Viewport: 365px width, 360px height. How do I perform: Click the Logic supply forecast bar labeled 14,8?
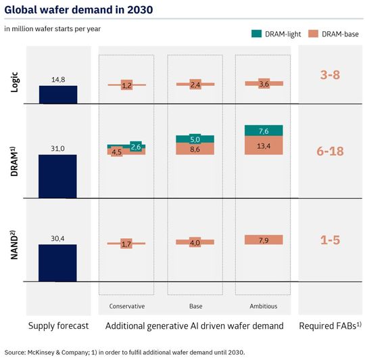(57, 95)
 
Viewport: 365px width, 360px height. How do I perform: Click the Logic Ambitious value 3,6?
(264, 84)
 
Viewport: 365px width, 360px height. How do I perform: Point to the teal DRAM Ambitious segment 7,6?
(264, 131)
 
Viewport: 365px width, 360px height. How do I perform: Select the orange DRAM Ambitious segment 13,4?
(264, 145)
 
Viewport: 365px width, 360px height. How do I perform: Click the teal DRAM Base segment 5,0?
(195, 139)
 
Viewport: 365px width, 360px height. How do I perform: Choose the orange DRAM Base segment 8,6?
(195, 148)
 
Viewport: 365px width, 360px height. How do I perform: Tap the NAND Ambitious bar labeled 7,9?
(264, 240)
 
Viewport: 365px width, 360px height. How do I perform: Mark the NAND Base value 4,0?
(195, 242)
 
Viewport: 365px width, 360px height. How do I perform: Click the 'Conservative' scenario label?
(126, 306)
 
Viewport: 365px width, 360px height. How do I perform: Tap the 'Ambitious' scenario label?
(264, 306)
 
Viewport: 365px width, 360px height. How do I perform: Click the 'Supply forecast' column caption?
(58, 326)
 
